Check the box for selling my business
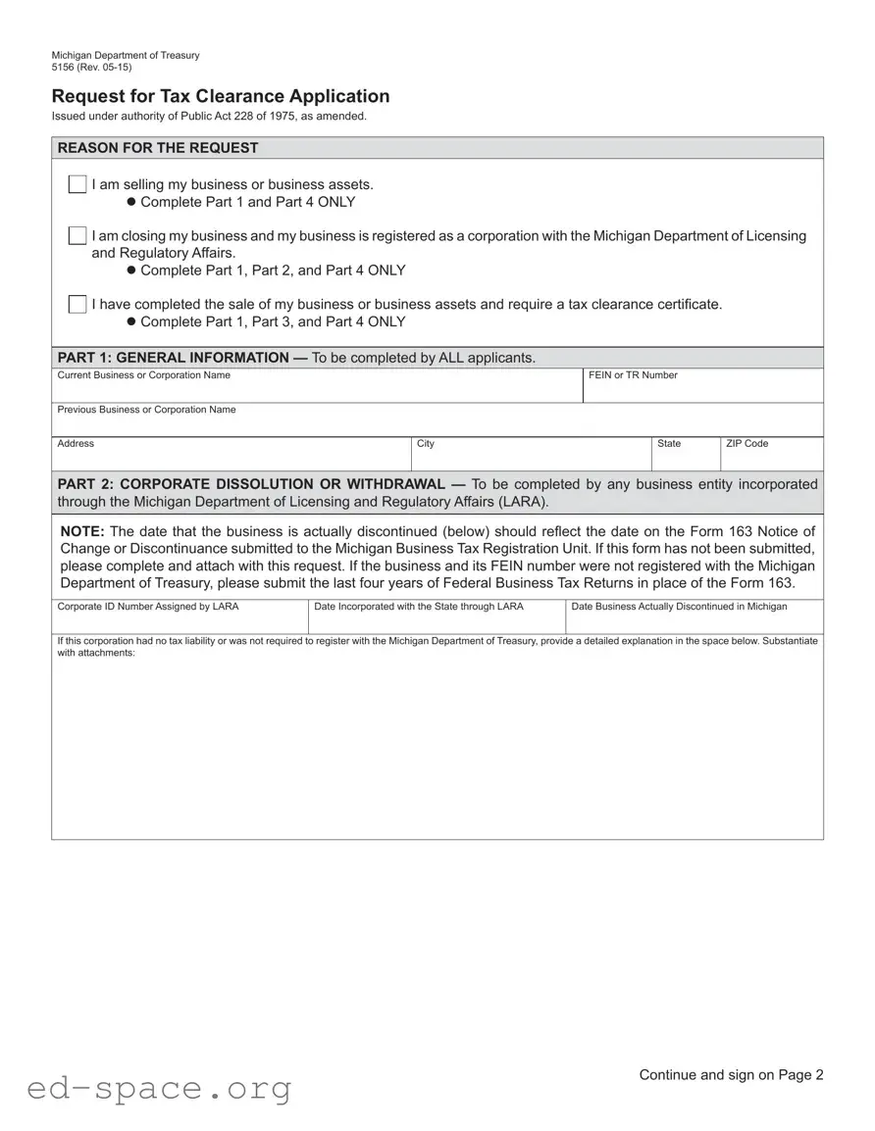click(77, 184)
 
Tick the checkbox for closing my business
click(77, 236)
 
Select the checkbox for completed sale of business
click(77, 304)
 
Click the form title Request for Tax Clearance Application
click(221, 96)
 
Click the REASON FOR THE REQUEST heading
click(158, 148)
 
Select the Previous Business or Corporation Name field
click(437, 423)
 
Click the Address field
click(232, 459)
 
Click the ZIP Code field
click(771, 459)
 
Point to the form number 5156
click(63, 68)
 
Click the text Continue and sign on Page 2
click(731, 1075)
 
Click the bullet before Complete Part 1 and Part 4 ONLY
click(130, 202)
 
